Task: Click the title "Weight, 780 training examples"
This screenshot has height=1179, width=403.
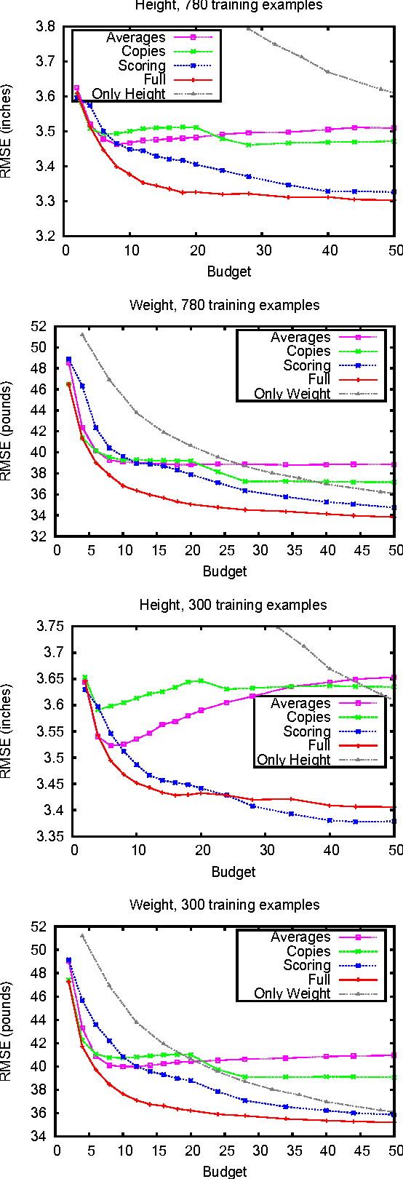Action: tap(224, 305)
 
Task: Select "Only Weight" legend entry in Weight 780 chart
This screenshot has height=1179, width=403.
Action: tap(292, 394)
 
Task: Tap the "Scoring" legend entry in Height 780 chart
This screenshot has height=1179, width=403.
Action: tap(143, 65)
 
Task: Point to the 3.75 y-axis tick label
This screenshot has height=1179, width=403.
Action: tap(49, 626)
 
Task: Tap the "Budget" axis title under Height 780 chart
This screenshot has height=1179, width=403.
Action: tap(228, 271)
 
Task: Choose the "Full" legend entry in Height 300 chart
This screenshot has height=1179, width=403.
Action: tap(319, 745)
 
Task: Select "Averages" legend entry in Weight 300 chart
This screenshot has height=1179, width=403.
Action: tap(300, 937)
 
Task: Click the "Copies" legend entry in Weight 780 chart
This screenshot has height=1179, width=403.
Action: tap(308, 352)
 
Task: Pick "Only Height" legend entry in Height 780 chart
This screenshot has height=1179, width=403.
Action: tap(129, 94)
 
